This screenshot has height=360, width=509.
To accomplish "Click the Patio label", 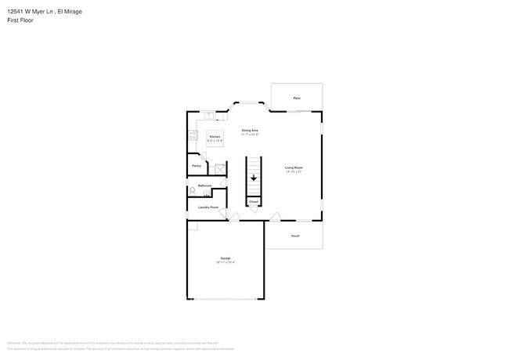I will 297,98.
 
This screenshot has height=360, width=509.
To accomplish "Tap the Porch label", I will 295,236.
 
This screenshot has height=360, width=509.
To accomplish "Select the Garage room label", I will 225,257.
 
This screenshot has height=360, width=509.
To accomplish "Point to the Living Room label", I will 294,167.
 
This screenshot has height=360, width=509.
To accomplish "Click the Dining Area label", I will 250,130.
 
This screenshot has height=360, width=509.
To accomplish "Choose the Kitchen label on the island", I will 215,137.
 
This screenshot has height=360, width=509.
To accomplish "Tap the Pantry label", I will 197,166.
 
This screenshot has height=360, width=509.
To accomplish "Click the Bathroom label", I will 204,185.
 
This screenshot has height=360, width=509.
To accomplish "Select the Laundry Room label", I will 208,207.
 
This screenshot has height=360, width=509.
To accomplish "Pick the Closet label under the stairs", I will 254,201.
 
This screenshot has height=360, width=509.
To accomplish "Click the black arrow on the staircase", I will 254,178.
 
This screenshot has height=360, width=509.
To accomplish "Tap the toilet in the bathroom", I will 193,191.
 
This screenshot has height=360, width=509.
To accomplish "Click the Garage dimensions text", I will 226,262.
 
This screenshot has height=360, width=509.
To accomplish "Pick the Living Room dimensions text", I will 294,172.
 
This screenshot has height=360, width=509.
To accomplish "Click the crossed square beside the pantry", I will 221,167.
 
